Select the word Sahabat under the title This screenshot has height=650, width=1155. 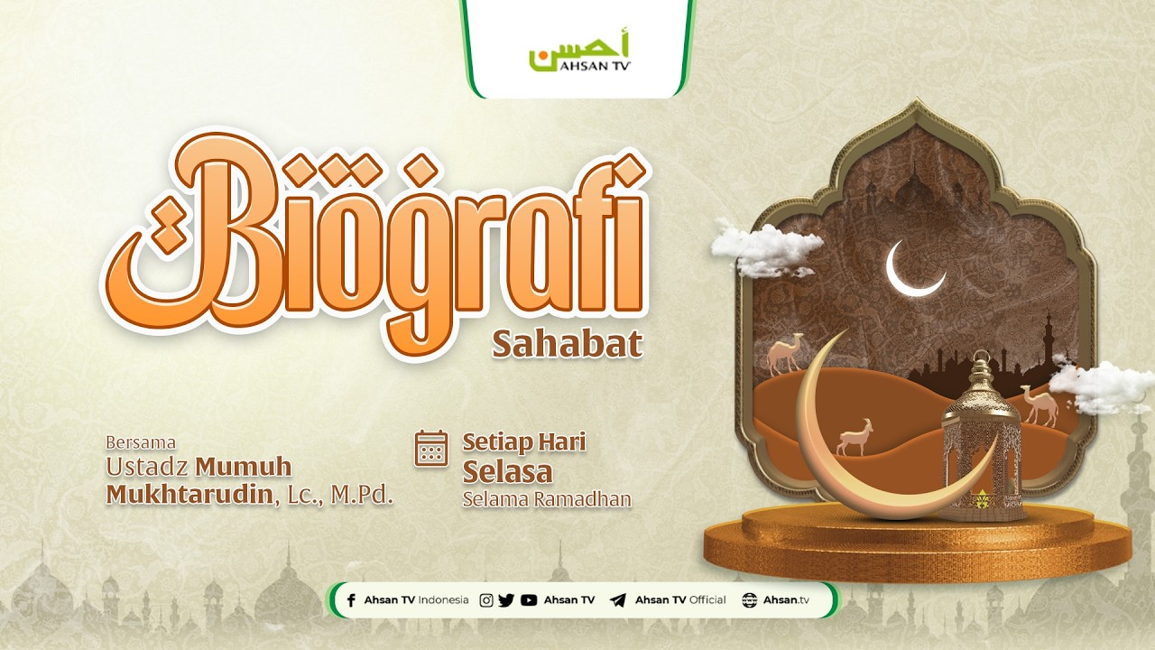[x=567, y=344]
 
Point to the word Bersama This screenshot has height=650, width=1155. [x=141, y=442]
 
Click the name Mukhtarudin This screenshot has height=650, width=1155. [x=189, y=495]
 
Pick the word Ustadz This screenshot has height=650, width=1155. [x=147, y=467]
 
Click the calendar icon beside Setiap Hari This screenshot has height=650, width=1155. [x=431, y=449]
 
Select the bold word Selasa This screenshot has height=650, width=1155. [x=507, y=471]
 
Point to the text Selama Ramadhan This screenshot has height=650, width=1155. [x=546, y=499]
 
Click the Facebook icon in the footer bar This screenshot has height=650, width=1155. [x=351, y=600]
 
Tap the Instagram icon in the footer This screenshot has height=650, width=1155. [x=486, y=600]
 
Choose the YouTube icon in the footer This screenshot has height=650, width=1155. [x=529, y=600]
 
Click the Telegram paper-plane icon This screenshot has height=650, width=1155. [x=618, y=600]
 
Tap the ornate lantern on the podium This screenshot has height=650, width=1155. [x=981, y=438]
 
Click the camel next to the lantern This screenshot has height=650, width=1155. [x=1039, y=404]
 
